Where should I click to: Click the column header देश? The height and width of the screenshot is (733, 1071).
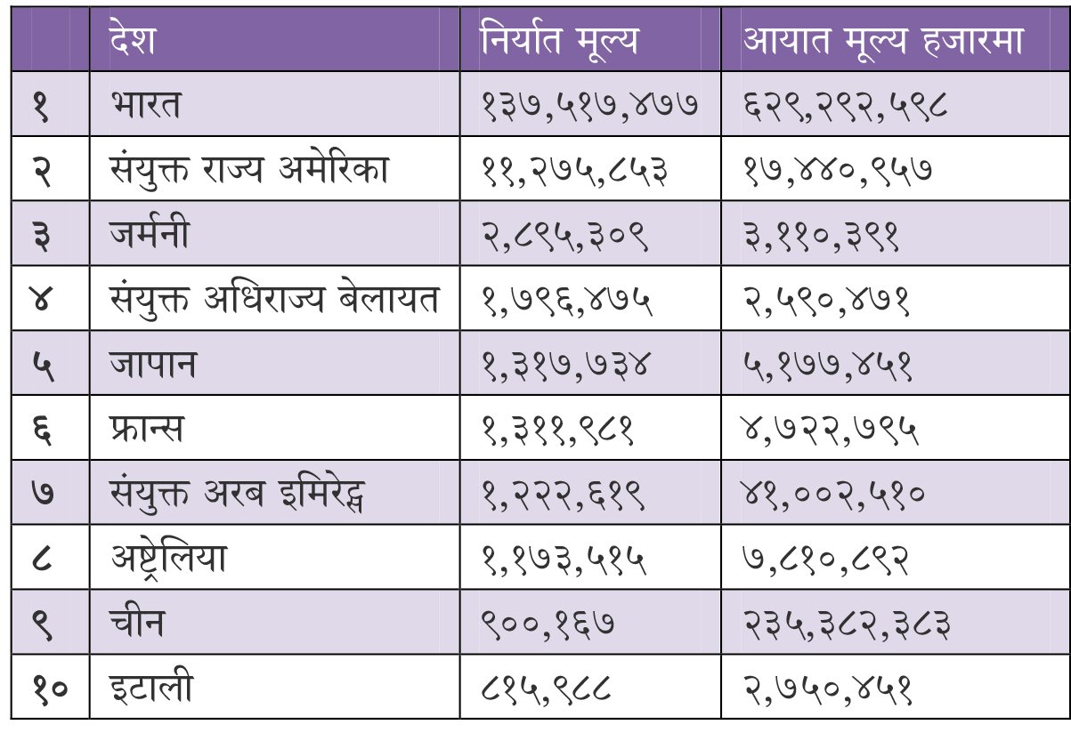(x=132, y=37)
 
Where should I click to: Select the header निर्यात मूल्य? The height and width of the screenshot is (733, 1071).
(x=559, y=39)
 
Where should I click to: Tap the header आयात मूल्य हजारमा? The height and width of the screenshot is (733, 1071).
(x=882, y=40)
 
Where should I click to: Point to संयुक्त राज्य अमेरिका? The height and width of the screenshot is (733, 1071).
(x=248, y=169)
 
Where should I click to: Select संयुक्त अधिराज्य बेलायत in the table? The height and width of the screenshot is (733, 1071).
(x=274, y=299)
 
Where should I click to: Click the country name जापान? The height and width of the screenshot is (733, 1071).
(x=153, y=364)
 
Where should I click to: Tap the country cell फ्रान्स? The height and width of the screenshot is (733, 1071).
(x=146, y=429)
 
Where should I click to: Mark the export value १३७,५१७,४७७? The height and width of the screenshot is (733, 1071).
(x=590, y=105)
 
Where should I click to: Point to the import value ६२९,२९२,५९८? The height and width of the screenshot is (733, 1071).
(x=845, y=105)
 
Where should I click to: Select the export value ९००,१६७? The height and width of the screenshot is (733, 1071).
(x=548, y=624)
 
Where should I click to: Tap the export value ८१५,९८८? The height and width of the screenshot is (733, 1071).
(x=546, y=689)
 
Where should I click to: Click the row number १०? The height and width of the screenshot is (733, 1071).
(x=50, y=689)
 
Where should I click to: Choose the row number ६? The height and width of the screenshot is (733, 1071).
(x=42, y=430)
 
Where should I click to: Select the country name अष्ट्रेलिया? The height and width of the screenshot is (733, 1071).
(x=168, y=560)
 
